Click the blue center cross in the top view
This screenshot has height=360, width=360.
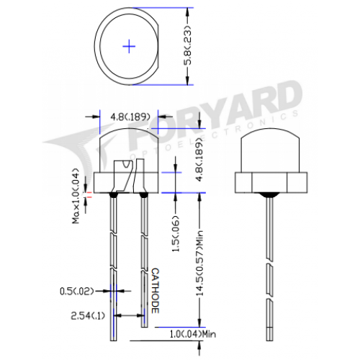[129, 46]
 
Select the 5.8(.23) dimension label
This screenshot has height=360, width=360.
[188, 45]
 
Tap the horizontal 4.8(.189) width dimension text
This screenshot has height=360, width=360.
[130, 117]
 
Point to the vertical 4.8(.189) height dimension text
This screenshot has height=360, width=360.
[199, 159]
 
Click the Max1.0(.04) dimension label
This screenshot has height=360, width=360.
[76, 196]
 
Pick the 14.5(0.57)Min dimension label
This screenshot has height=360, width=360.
[199, 263]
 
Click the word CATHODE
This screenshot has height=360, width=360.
[156, 291]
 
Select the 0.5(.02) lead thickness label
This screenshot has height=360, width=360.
[76, 292]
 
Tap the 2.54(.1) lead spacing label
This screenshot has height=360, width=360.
[88, 316]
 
